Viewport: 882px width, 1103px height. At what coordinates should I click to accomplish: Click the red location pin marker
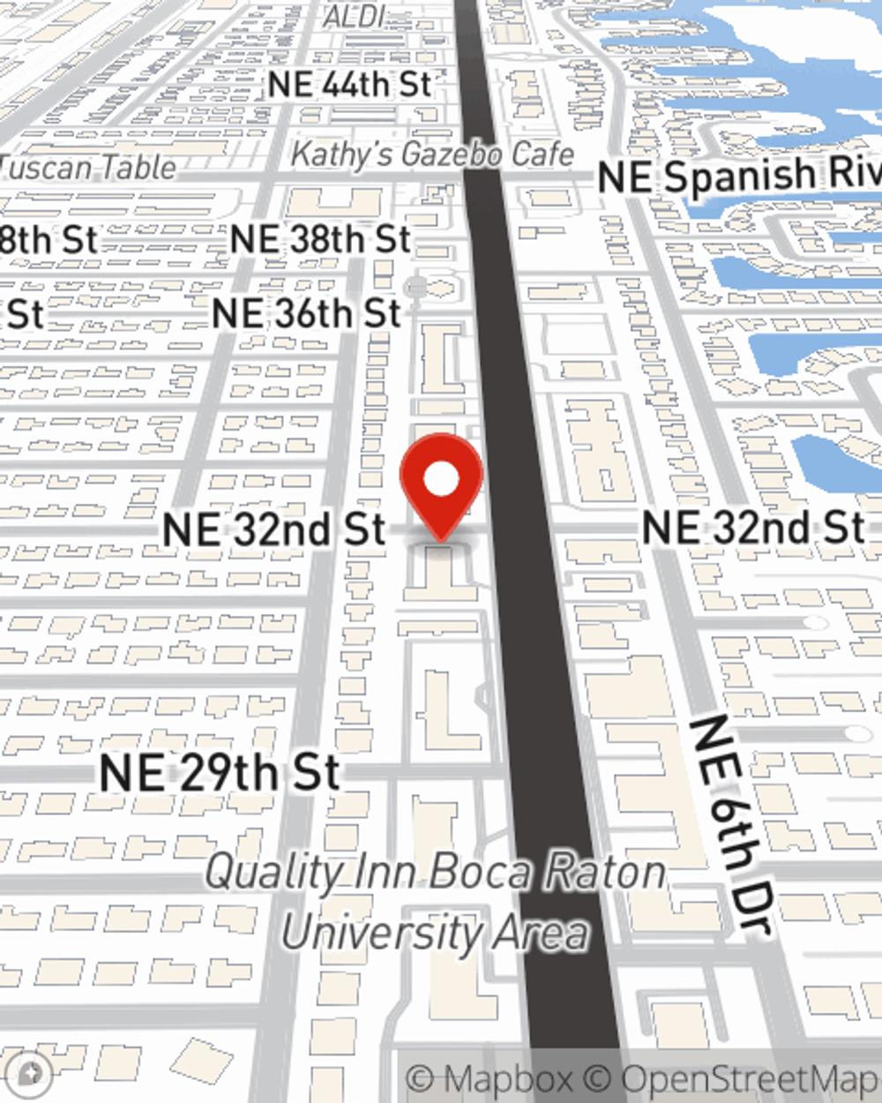[x=441, y=485]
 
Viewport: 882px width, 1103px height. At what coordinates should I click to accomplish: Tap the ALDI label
[x=356, y=15]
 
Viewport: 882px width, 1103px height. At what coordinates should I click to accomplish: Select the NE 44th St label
[x=349, y=85]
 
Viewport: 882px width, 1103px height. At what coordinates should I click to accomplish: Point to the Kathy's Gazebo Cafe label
[x=432, y=154]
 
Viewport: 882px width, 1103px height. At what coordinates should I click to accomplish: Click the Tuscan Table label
[x=88, y=167]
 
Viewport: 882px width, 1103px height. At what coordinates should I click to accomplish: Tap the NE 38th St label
[x=320, y=240]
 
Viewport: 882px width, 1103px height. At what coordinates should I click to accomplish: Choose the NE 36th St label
[x=307, y=313]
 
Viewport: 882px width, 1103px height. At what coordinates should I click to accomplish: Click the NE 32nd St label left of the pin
[x=274, y=529]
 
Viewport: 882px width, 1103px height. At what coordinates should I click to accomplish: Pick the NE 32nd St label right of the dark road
[x=753, y=527]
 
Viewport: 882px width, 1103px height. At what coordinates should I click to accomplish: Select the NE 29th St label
[x=220, y=773]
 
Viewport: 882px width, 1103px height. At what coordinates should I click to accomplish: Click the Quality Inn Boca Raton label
[x=435, y=872]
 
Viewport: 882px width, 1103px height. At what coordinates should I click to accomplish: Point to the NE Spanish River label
[x=739, y=176]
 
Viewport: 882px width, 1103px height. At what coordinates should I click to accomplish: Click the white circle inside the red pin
[x=441, y=480]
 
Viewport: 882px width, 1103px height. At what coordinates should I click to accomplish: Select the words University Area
[x=434, y=933]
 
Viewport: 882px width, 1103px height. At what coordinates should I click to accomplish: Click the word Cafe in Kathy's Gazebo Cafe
[x=542, y=154]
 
